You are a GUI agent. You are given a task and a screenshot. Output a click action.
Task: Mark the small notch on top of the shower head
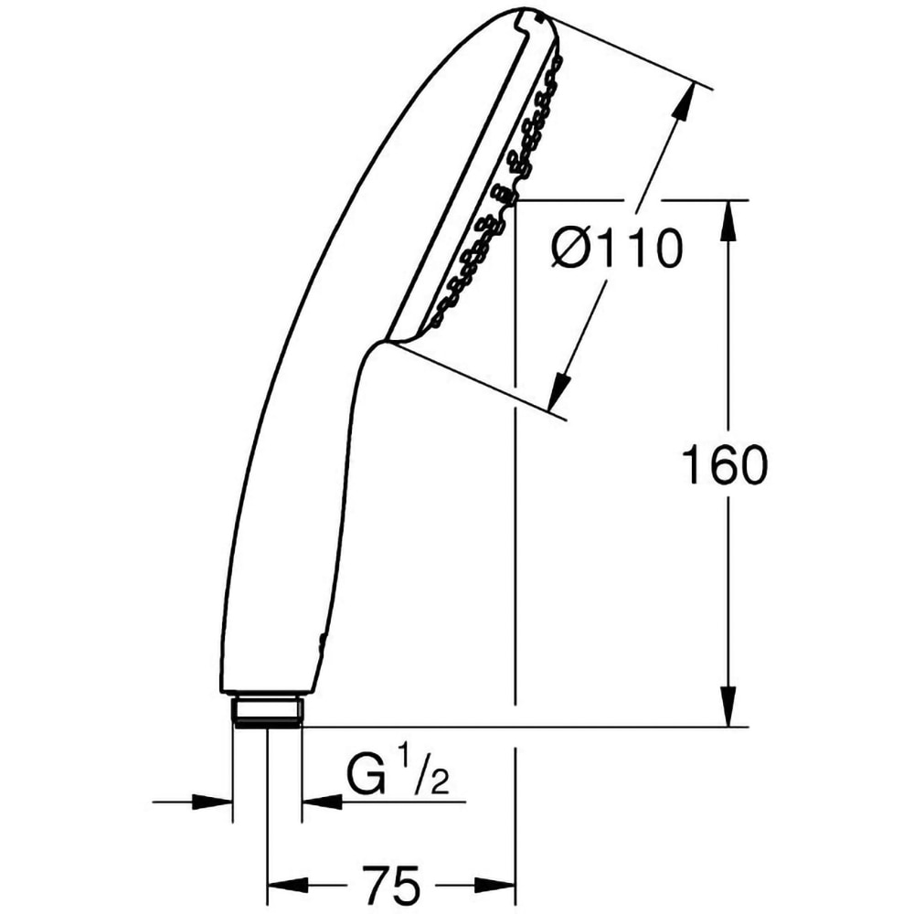(x=528, y=16)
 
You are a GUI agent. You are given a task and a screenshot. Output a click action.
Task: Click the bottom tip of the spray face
(x=388, y=340)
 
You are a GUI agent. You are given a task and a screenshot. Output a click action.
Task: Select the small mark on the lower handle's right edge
(x=319, y=641)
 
